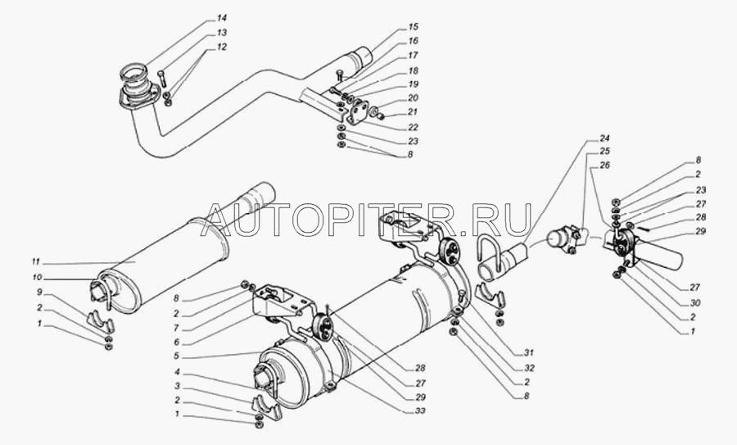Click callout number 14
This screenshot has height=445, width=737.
coord(221,18)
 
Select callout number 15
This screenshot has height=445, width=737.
coord(414,27)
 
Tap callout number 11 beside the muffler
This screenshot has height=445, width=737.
coord(36,261)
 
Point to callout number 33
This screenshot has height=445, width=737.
coord(420,411)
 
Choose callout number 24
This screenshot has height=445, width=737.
coord(604,138)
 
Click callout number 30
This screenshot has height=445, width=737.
coord(693,302)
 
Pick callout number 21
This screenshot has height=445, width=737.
coord(413,112)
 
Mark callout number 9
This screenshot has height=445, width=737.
coord(39,292)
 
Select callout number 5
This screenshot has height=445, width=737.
coord(177,356)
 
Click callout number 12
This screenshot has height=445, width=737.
coord(221,47)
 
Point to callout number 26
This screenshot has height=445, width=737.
coord(604,166)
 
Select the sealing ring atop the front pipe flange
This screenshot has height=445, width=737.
coord(133,74)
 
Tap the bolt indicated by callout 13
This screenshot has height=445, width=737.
coord(162,78)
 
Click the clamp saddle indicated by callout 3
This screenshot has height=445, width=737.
coord(266,408)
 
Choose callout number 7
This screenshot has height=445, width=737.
coord(177,328)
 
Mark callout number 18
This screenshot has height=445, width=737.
coord(414,70)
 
